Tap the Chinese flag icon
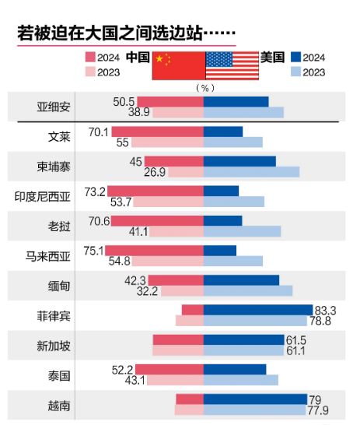coord(178,65)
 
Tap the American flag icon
coord(232,65)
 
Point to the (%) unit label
coord(205,87)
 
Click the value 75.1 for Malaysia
coord(93,251)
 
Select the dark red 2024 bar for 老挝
coord(157,221)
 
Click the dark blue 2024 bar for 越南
coord(255,399)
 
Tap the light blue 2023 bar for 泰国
coord(240,381)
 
